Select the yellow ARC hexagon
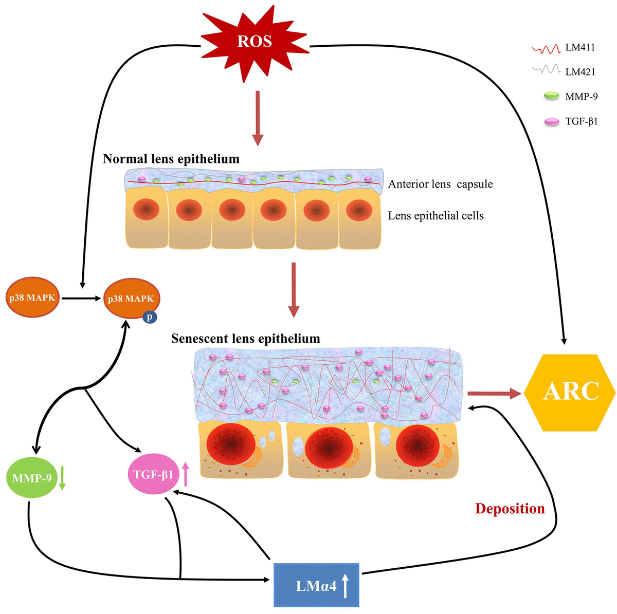tap(571, 392)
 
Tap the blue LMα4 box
tap(316, 585)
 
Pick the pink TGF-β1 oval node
tap(153, 474)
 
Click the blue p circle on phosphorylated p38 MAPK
tap(150, 317)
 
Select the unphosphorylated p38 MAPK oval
tap(32, 297)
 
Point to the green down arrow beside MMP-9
tap(62, 478)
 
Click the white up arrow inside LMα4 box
tap(346, 586)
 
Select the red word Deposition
tap(510, 509)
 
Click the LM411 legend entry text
tap(580, 48)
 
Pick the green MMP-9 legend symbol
tap(551, 96)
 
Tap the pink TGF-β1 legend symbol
tap(551, 122)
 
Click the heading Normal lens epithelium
tap(171, 159)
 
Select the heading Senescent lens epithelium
tap(245, 339)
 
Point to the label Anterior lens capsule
tap(440, 184)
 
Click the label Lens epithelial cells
tap(435, 216)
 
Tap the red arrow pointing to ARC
tap(494, 394)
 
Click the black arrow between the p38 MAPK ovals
tap(82, 297)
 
